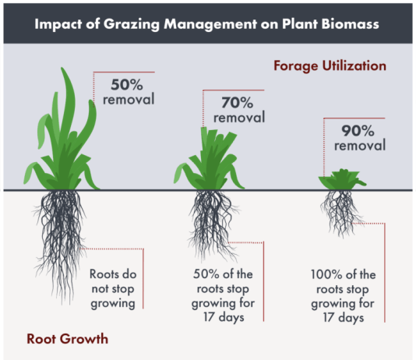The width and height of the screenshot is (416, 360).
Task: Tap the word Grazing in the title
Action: (x=132, y=25)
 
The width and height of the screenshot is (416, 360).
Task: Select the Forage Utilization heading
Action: (x=330, y=65)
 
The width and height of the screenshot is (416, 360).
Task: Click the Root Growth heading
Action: (x=68, y=339)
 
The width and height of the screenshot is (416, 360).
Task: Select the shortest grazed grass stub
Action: (x=342, y=180)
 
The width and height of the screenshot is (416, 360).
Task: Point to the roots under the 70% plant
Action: (x=212, y=223)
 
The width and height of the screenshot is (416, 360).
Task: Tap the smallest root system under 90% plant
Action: (x=342, y=212)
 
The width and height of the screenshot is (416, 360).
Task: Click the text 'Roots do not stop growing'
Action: (x=113, y=288)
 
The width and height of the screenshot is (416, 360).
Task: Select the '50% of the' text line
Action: (x=223, y=274)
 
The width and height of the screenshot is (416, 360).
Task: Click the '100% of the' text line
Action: (x=343, y=274)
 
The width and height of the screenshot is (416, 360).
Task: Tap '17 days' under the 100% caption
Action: (x=343, y=318)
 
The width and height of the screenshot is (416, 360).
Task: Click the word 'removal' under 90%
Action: (x=360, y=146)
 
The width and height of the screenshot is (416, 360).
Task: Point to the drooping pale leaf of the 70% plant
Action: (x=181, y=172)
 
